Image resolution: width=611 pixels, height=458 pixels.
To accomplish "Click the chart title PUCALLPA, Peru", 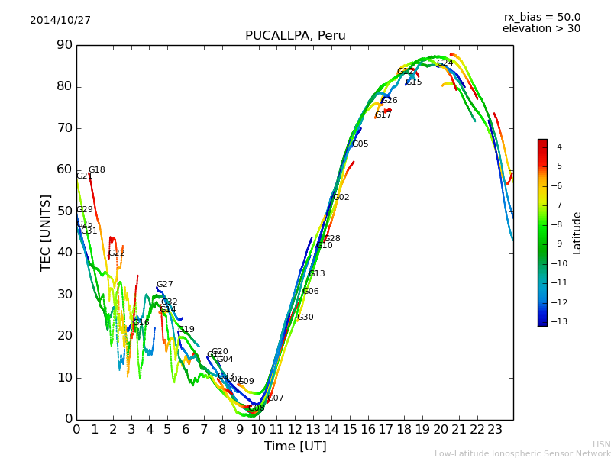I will pyautogui.click(x=295, y=36).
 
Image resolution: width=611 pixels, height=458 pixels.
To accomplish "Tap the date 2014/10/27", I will pyautogui.click(x=60, y=21).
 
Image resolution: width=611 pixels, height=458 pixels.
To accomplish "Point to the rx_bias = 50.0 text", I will pyautogui.click(x=541, y=18).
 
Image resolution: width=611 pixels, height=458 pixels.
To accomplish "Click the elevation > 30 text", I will pyautogui.click(x=541, y=29).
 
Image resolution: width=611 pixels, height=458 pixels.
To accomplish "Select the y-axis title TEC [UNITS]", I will pyautogui.click(x=46, y=232).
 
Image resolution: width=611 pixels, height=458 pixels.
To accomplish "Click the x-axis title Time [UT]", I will pyautogui.click(x=295, y=447).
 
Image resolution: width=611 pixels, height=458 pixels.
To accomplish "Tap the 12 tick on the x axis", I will pyautogui.click(x=295, y=430).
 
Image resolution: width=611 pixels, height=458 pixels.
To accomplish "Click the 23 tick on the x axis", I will pyautogui.click(x=495, y=430).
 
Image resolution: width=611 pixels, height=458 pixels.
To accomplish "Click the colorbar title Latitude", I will pyautogui.click(x=577, y=233).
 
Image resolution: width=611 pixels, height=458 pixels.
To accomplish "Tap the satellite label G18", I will pyautogui.click(x=97, y=170).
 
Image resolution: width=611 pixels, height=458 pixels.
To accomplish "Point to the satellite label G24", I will pyautogui.click(x=445, y=63).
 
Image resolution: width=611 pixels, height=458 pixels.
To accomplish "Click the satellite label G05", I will pyautogui.click(x=360, y=144).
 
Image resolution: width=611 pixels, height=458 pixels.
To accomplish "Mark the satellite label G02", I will pyautogui.click(x=341, y=198).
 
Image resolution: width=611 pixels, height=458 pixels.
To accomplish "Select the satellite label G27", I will pyautogui.click(x=165, y=285).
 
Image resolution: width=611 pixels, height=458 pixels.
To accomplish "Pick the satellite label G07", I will pyautogui.click(x=276, y=398).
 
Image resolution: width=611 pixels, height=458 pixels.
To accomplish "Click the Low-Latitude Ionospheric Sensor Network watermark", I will pyautogui.click(x=522, y=453).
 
